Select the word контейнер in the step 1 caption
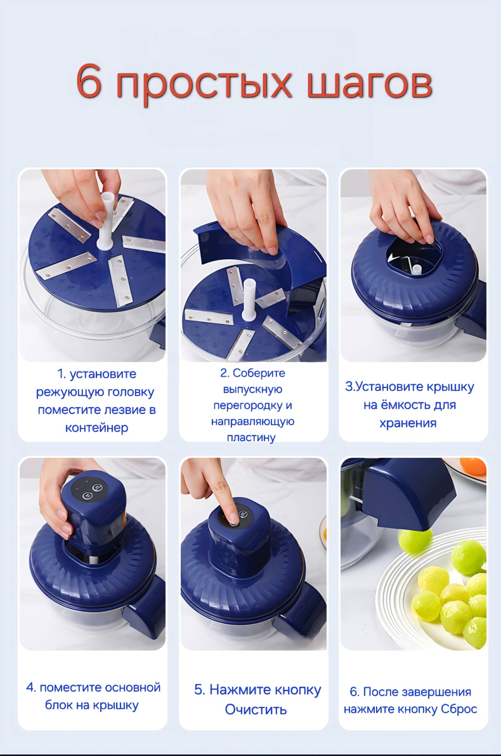coord(96,428)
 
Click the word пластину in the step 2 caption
coord(251,438)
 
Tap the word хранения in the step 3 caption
coord(408,423)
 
